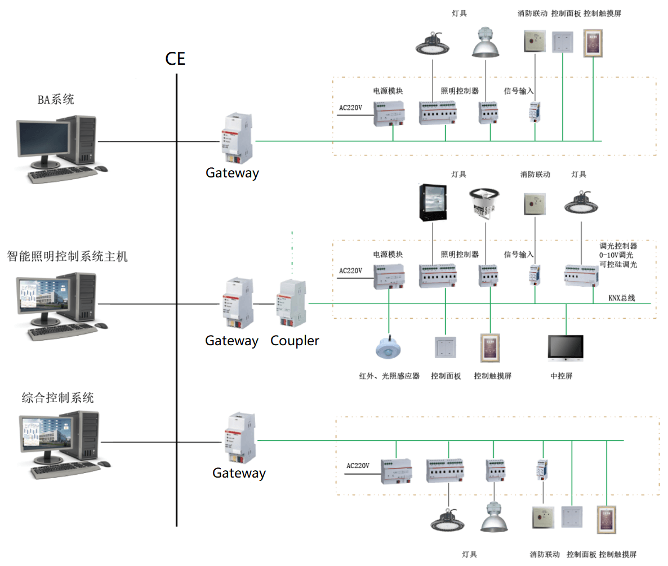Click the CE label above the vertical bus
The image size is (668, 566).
click(x=175, y=59)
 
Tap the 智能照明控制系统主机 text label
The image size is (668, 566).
click(x=68, y=257)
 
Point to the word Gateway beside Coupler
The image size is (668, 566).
click(x=231, y=341)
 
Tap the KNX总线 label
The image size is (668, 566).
click(x=622, y=297)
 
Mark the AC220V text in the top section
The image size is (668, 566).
click(x=350, y=106)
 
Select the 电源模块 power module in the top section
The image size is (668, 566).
click(x=389, y=114)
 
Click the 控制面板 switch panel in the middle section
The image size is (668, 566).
click(x=445, y=348)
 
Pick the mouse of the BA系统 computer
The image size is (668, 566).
click(x=101, y=168)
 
